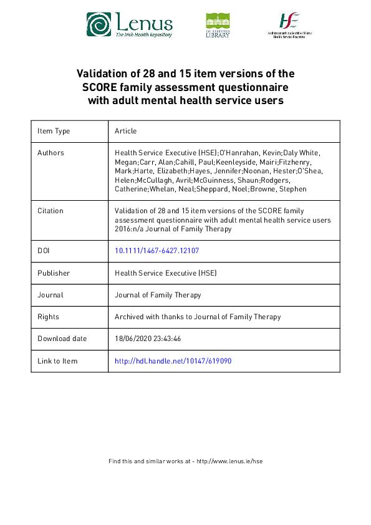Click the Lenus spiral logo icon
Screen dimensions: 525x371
coord(99,26)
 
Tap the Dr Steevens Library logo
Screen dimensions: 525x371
coord(218,26)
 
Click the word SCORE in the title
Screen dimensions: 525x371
coord(105,87)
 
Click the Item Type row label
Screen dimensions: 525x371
coord(54,131)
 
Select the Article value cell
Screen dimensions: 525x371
coord(125,131)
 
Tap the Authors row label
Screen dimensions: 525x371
coord(51,153)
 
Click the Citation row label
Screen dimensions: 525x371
coord(51,211)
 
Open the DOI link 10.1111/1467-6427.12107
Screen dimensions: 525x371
coord(157,251)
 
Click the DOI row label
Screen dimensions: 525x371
coord(44,251)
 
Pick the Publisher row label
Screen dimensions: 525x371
coord(54,273)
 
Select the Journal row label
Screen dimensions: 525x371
coord(51,295)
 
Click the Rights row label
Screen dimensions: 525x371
coord(48,317)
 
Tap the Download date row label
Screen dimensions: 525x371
coord(62,339)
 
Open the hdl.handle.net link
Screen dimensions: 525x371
coord(173,361)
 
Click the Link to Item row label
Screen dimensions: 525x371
coord(57,361)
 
